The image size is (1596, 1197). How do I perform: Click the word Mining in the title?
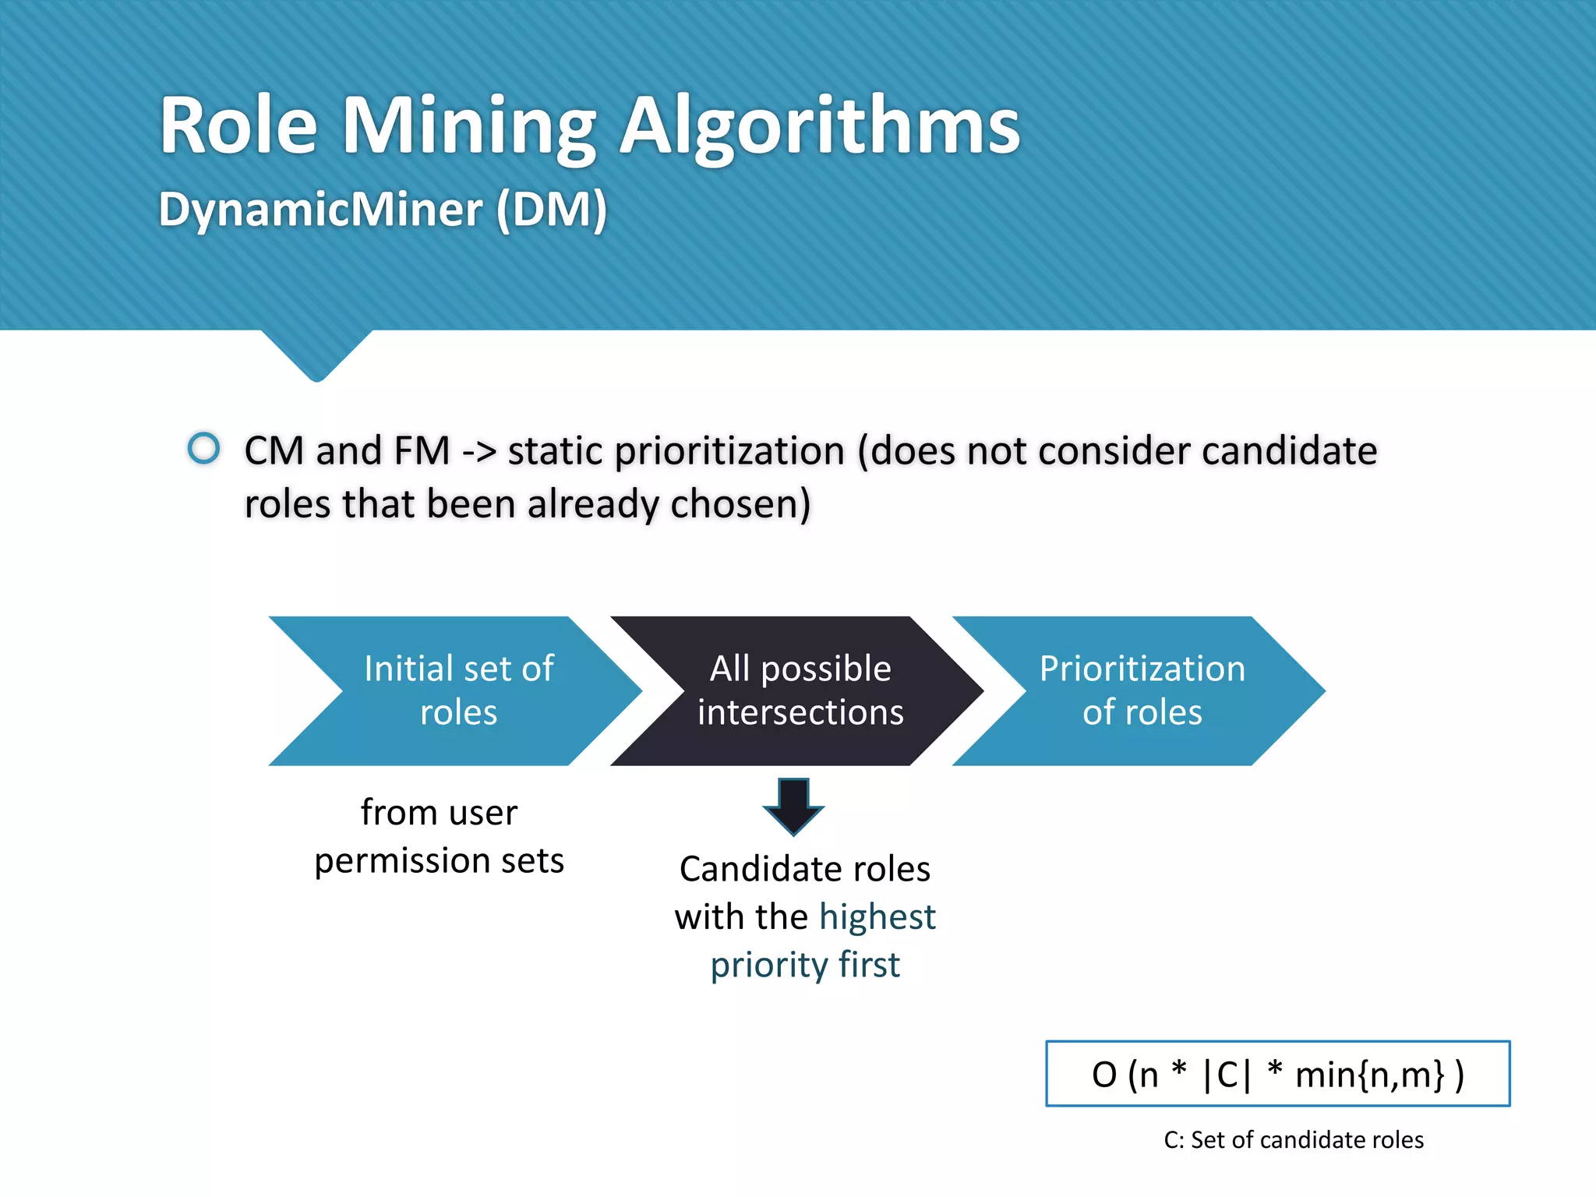[469, 126]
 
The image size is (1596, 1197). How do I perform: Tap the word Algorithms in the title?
[819, 126]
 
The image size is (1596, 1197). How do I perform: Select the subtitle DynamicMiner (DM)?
[383, 210]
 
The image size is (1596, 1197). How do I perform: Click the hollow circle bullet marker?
[204, 448]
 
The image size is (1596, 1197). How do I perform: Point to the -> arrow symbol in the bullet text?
[478, 452]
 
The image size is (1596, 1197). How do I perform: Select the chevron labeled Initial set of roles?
[457, 690]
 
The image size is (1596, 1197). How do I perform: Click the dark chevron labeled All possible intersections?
[800, 690]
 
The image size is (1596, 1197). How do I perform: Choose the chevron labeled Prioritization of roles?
[1141, 690]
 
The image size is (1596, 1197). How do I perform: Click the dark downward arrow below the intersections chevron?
[793, 807]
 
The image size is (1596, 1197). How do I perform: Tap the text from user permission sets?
[439, 836]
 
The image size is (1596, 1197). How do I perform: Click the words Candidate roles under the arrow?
[804, 869]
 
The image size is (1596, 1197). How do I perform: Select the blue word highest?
[877, 917]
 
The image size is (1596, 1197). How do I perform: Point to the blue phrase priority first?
[804, 965]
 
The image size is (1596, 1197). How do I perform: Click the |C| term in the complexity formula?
[1227, 1075]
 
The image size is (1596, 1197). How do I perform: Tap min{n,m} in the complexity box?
[1369, 1075]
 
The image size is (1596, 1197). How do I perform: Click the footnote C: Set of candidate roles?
[1293, 1140]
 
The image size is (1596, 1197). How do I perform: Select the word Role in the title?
[238, 126]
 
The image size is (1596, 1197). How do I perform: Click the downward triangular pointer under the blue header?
[316, 358]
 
